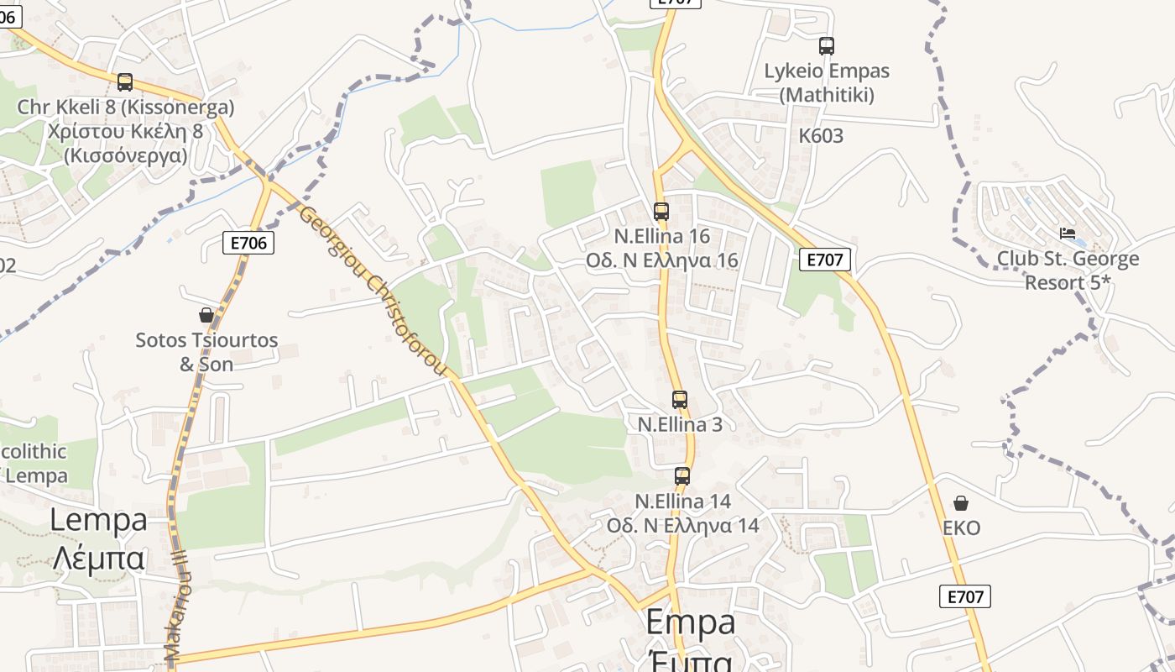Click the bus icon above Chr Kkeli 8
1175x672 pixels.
click(x=125, y=82)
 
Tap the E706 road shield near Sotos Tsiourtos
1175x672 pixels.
click(x=248, y=243)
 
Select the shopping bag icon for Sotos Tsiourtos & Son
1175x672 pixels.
click(x=206, y=315)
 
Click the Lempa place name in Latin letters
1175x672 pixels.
click(x=98, y=519)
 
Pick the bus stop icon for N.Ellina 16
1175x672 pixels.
click(x=661, y=212)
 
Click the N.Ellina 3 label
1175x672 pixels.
click(x=680, y=424)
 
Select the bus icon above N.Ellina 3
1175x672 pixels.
click(x=680, y=400)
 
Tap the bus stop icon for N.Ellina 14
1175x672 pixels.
click(x=682, y=476)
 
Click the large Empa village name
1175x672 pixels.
click(x=691, y=622)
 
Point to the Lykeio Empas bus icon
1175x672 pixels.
click(x=827, y=46)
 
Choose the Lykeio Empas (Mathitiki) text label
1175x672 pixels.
click(x=827, y=82)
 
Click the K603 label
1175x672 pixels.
click(x=821, y=136)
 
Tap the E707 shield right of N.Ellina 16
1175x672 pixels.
click(x=824, y=260)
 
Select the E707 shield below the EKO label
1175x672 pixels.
click(x=964, y=596)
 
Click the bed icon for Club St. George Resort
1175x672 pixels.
click(x=1068, y=233)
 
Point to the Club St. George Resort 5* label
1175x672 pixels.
click(x=1068, y=270)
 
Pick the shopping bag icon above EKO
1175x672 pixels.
click(x=961, y=503)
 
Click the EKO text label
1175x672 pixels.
click(x=961, y=528)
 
